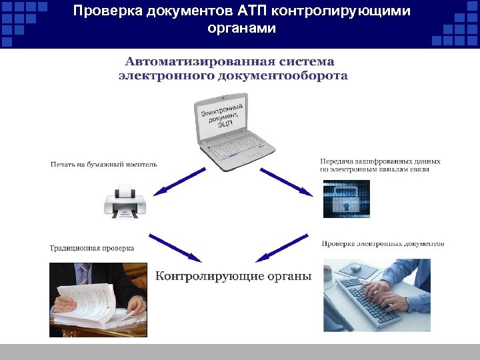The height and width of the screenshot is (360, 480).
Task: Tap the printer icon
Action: (x=125, y=202)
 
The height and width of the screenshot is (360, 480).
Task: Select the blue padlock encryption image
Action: (x=345, y=199)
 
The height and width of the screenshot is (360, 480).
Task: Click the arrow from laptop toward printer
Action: (x=179, y=181)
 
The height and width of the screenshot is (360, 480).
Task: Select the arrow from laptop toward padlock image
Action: (x=286, y=181)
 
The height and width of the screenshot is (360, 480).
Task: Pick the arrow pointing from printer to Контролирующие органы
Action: (x=175, y=247)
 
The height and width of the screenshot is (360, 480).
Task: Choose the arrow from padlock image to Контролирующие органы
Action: (x=283, y=247)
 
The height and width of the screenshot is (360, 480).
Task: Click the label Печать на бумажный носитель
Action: (x=103, y=165)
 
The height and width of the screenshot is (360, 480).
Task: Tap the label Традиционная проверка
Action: (x=91, y=248)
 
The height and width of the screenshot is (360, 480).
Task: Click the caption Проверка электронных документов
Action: (x=383, y=244)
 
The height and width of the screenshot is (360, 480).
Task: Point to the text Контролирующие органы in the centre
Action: (x=233, y=276)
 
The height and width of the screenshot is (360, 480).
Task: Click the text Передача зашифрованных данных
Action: (x=380, y=161)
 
